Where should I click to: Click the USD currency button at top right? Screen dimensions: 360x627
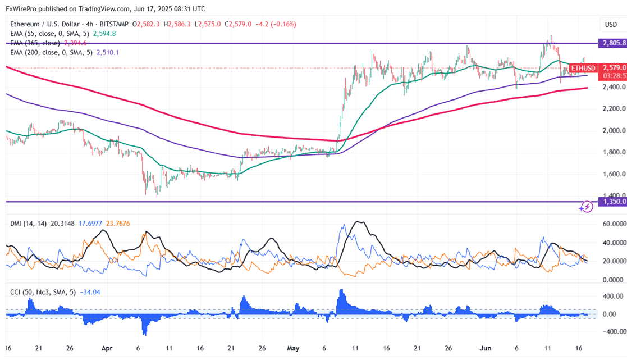coord(610,25)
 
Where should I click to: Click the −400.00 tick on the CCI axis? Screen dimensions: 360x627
coord(612,332)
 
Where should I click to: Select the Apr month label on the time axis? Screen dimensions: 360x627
coord(109,349)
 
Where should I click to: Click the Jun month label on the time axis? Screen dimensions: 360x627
coord(486,349)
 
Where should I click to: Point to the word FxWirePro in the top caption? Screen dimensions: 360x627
coord(25,9)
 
